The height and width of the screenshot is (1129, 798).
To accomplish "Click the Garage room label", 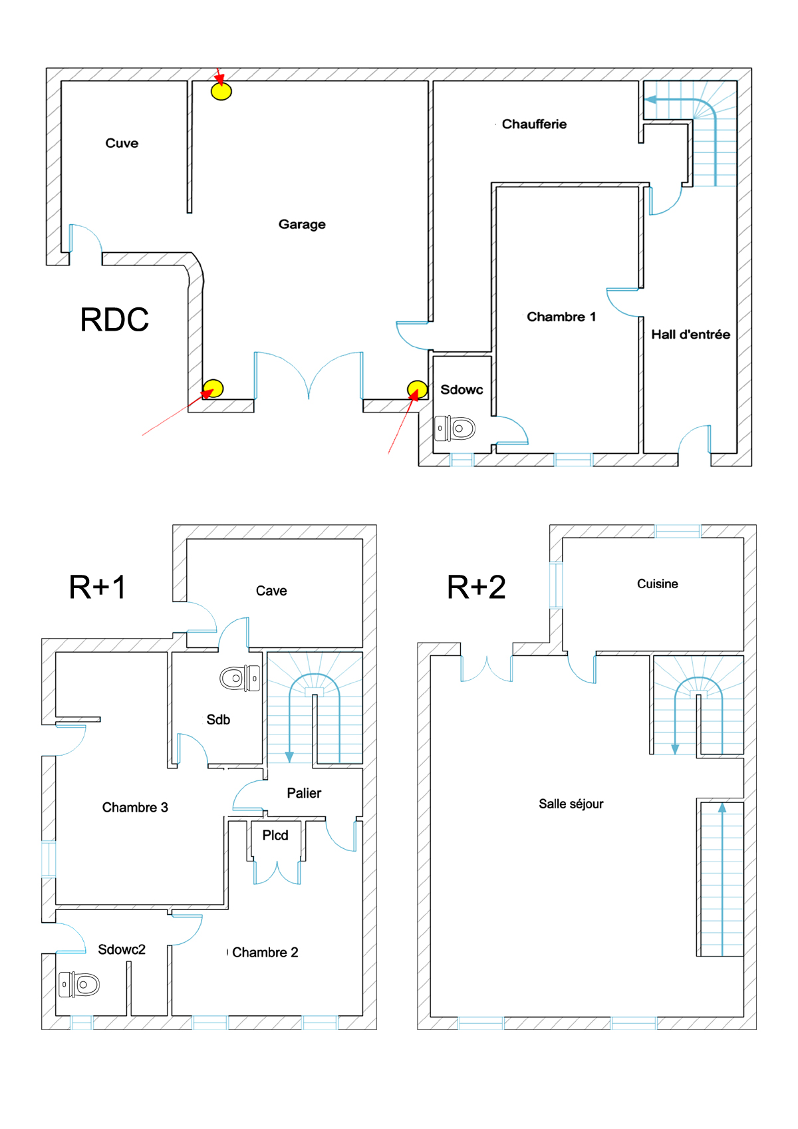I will click(302, 224).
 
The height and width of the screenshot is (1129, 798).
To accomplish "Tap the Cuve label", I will click(122, 143).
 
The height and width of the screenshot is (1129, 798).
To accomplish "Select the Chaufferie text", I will click(534, 124).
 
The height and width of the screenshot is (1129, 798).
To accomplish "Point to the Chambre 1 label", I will click(561, 317).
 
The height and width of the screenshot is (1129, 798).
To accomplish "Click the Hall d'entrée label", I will click(690, 335).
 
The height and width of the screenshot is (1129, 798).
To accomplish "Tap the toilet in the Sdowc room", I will click(455, 428).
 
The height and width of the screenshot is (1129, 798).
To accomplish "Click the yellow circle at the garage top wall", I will click(221, 90).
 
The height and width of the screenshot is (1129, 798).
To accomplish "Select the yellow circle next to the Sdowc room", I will click(417, 389).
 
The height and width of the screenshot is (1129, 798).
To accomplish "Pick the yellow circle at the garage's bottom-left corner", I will click(213, 387).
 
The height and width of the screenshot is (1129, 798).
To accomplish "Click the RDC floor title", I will click(114, 319).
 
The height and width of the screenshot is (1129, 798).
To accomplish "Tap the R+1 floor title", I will click(98, 587).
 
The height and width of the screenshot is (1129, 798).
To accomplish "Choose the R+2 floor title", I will click(476, 587).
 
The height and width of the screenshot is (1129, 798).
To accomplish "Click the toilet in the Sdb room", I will click(240, 679).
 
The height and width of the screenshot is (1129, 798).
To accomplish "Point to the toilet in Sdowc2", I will click(79, 984).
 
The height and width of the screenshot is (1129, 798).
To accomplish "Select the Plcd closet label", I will click(275, 836).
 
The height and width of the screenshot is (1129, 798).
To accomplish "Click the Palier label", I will click(304, 793).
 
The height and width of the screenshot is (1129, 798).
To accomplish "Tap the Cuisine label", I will click(657, 584).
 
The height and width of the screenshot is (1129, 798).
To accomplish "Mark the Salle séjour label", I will click(571, 804).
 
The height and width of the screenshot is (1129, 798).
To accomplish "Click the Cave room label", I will click(271, 591).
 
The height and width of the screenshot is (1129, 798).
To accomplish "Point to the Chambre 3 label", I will click(135, 808).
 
